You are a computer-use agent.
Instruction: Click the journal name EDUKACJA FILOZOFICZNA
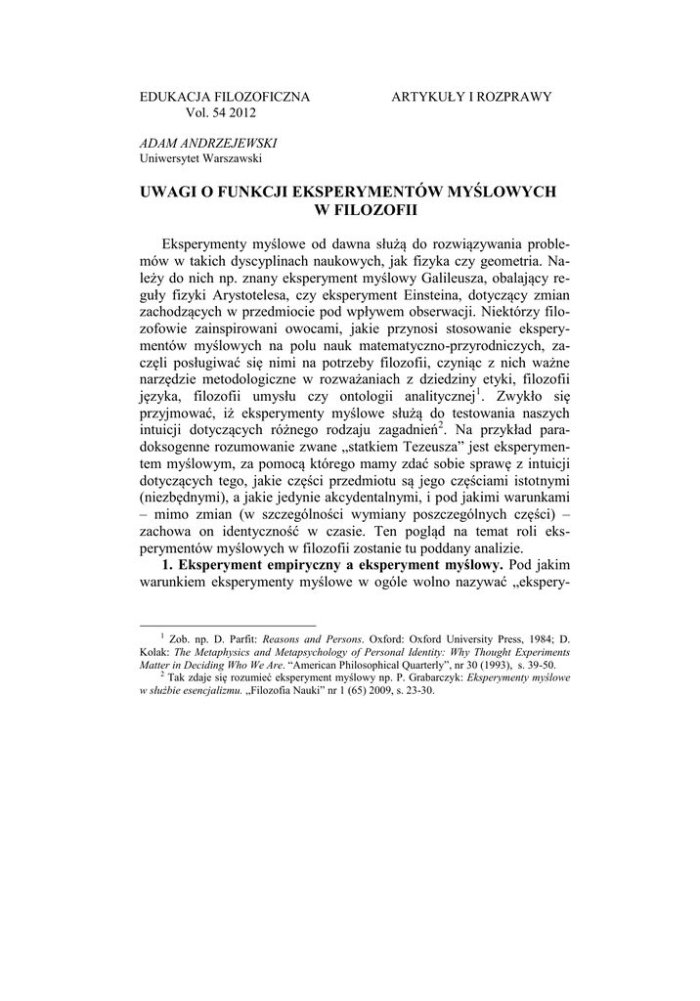click(x=225, y=97)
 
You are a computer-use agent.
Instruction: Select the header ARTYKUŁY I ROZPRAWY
click(x=471, y=97)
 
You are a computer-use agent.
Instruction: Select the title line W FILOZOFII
click(x=349, y=208)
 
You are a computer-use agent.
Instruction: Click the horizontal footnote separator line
click(x=229, y=626)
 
